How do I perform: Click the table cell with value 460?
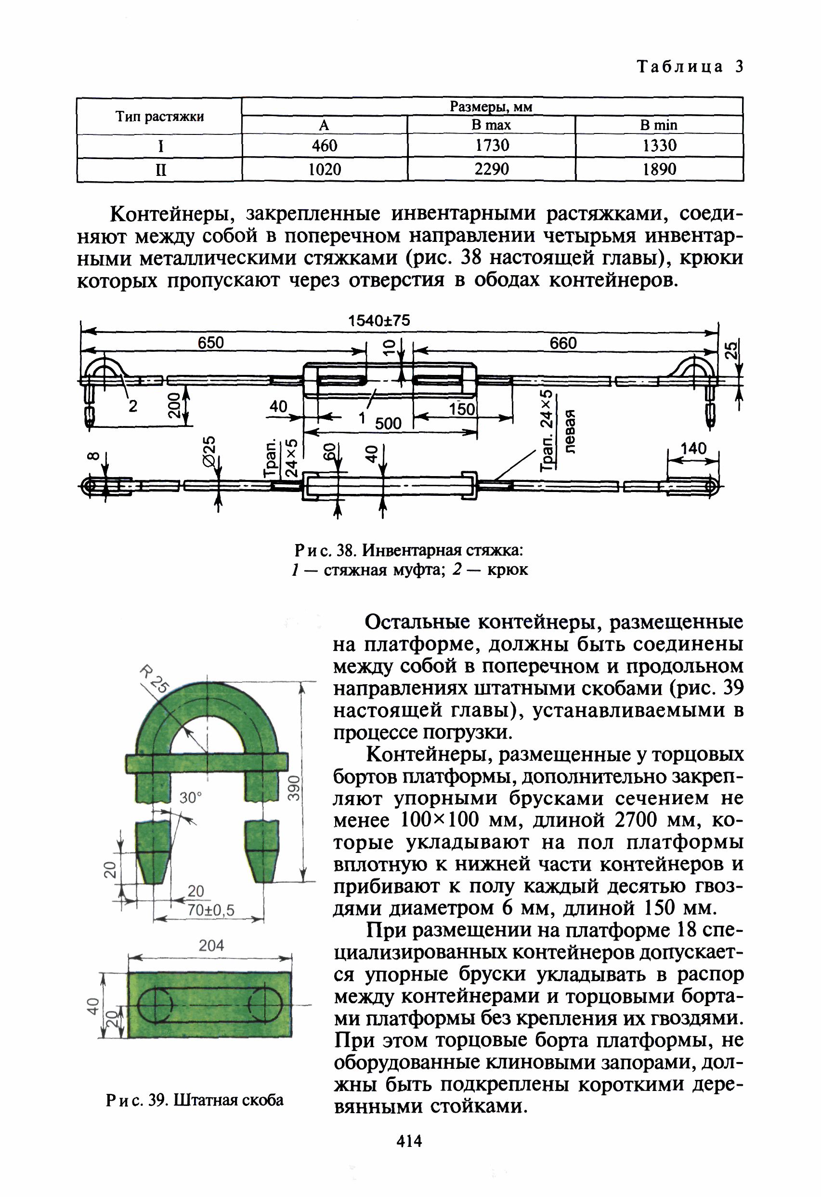[x=324, y=146]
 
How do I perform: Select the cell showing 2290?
[x=491, y=170]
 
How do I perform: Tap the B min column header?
[x=658, y=125]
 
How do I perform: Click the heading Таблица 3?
[x=690, y=67]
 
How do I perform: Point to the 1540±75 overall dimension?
[x=379, y=321]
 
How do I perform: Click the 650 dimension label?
[x=211, y=343]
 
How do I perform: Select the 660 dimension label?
[x=563, y=344]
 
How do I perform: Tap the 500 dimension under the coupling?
[x=388, y=424]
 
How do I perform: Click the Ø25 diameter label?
[x=209, y=452]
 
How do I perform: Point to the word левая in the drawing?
[x=570, y=432]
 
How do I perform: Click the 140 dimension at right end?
[x=693, y=449]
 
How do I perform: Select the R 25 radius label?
[x=154, y=679]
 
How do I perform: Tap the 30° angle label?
[x=191, y=798]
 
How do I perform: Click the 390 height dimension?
[x=293, y=788]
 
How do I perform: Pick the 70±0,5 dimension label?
[x=210, y=911]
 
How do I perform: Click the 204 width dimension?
[x=211, y=945]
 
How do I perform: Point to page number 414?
[x=409, y=1142]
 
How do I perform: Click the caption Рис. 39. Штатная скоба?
[x=195, y=1100]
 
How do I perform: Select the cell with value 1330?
[x=659, y=146]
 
